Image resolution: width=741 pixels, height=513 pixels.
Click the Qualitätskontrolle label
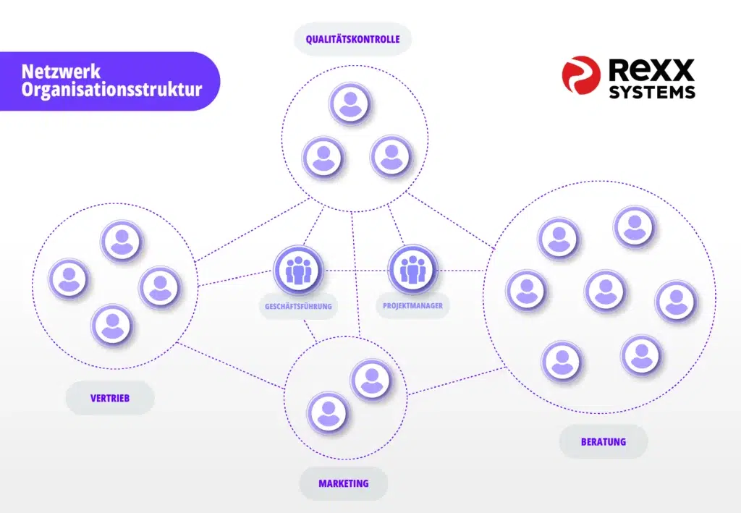point(352,39)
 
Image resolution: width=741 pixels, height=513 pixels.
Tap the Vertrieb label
point(110,398)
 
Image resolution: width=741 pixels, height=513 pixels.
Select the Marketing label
point(344,484)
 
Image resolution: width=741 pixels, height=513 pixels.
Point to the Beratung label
point(604,442)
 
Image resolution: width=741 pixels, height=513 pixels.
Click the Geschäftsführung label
point(298,306)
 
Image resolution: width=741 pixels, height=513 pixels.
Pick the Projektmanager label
point(413,305)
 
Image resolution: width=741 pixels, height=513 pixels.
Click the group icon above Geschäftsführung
point(298,270)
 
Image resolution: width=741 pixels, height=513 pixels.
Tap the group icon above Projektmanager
point(413,270)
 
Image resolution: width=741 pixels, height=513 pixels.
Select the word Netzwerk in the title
point(61,72)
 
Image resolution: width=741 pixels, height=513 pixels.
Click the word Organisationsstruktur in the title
point(111,89)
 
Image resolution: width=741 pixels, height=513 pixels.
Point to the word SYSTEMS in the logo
point(652,92)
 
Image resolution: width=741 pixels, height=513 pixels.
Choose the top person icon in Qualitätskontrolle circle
point(350,103)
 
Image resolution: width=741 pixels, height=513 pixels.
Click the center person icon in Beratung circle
point(606,290)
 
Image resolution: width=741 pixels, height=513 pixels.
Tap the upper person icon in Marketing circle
point(371,380)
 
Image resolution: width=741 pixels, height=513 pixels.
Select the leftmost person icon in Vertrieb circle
point(69,279)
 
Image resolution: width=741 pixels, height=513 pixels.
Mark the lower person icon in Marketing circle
point(328,412)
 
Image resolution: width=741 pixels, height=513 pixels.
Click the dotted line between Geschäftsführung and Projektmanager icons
point(356,271)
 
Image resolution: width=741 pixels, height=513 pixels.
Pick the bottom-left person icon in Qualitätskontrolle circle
point(323,157)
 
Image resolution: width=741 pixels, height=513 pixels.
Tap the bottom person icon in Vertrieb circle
point(112,326)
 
